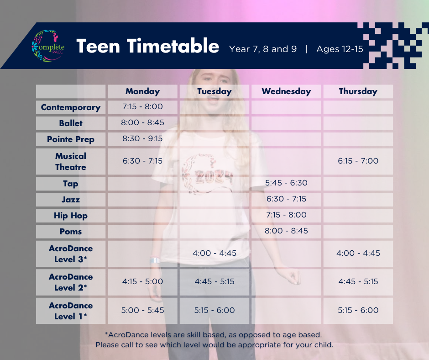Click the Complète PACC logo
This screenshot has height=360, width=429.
tap(48, 46)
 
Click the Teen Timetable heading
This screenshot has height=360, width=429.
tap(148, 46)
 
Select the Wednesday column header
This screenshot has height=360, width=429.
tap(286, 91)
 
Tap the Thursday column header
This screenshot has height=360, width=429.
tap(358, 91)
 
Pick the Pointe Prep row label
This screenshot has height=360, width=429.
tap(71, 139)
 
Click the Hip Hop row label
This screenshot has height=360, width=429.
tap(71, 216)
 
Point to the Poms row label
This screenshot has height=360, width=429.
tap(71, 232)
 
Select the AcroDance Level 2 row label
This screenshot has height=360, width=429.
tap(71, 282)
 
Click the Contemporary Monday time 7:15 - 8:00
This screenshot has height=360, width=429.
tap(142, 106)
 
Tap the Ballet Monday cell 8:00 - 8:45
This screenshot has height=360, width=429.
tap(142, 122)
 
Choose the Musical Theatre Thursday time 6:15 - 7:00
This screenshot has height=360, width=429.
tap(358, 161)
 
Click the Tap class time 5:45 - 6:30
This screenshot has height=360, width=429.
tap(286, 183)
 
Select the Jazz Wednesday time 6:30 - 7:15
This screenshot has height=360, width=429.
tap(286, 199)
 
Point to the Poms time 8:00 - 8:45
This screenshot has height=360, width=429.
tap(286, 231)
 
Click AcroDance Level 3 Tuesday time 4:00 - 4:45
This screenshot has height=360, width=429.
tap(214, 253)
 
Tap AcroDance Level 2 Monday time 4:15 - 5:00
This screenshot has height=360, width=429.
tap(142, 281)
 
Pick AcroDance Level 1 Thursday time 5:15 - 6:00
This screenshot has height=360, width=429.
tap(358, 310)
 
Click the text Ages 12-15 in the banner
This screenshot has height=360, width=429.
tap(340, 49)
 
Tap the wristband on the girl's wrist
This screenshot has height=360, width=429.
tap(155, 260)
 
